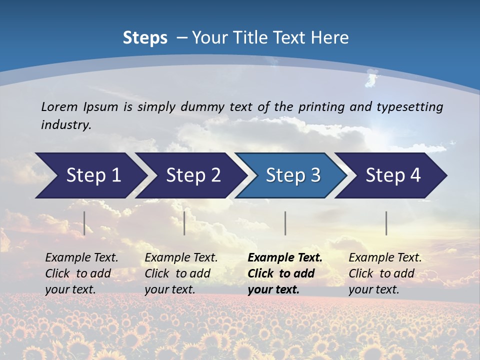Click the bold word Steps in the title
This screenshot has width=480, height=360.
point(145,38)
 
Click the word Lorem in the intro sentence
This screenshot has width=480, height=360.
point(59,106)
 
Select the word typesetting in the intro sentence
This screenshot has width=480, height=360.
point(409,106)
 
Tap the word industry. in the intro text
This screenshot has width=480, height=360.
point(66,124)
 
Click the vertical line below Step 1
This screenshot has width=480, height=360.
point(84,223)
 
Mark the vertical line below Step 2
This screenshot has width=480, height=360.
point(184,223)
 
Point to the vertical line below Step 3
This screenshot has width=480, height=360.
point(285,223)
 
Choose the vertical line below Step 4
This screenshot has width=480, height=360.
point(386,223)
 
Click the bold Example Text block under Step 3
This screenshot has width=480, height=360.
point(285,273)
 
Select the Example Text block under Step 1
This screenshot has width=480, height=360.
point(81,273)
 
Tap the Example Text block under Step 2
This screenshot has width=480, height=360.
point(181,273)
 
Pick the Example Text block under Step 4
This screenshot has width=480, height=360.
point(385,273)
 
